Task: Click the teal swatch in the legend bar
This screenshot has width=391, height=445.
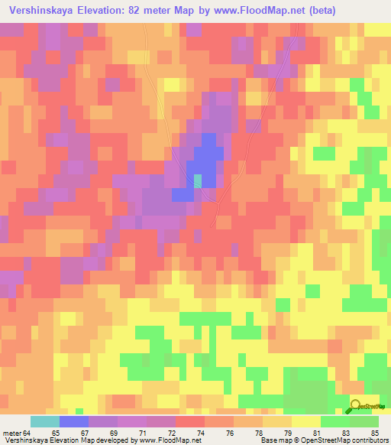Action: (x=45, y=421)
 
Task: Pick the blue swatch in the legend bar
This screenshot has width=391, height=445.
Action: (x=74, y=421)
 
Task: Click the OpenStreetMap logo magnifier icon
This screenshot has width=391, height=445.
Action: (x=356, y=406)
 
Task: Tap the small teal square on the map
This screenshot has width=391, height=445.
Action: (x=198, y=180)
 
